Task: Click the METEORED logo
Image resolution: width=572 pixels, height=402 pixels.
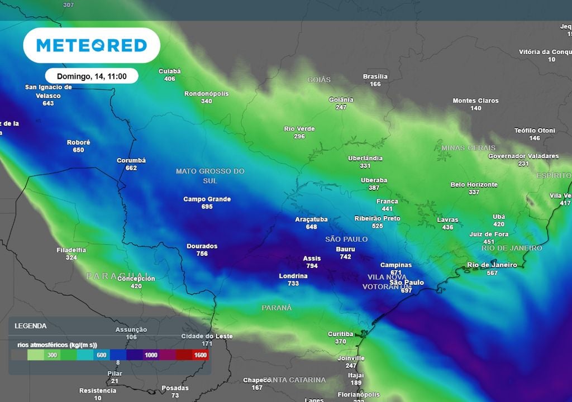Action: coord(92,45)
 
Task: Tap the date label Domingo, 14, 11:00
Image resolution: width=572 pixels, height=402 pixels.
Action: coord(92,76)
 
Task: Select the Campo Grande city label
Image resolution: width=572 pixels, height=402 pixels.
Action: coord(207,199)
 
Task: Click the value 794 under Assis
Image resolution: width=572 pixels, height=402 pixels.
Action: coord(312,266)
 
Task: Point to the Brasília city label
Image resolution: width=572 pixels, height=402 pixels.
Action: coord(375,76)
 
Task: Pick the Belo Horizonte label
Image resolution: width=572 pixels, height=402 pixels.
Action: coord(474,185)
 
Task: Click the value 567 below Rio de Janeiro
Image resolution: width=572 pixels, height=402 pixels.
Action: coord(492,272)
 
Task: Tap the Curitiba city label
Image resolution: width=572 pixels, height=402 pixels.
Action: coord(340,334)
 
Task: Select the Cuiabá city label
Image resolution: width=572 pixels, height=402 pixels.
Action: coord(170,71)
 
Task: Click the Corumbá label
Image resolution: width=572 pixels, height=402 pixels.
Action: coord(131,161)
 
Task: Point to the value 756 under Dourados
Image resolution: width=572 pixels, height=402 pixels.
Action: coord(202,253)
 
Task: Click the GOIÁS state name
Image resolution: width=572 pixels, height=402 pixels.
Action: coord(319,80)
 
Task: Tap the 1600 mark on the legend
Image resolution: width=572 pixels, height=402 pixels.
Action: coord(201,355)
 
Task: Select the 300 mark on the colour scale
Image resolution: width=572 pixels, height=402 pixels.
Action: coord(53,355)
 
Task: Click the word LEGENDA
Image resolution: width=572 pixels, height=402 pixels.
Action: coord(30,326)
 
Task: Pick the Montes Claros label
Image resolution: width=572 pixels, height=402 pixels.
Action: coord(475,101)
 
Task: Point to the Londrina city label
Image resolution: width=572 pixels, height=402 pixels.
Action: coord(293,276)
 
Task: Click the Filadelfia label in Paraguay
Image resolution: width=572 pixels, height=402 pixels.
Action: coord(71,250)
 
